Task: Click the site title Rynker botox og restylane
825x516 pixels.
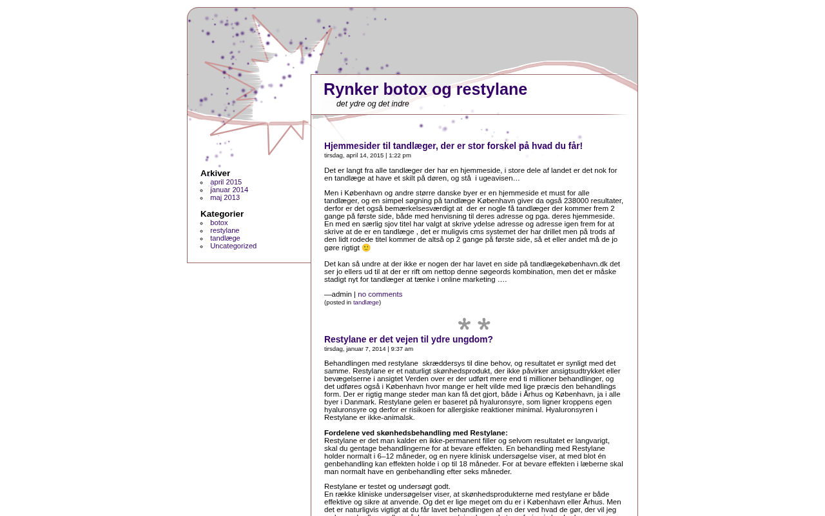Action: coord(425,90)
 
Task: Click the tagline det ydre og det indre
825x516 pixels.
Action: coord(373,104)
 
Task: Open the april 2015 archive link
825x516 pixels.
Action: coord(226,183)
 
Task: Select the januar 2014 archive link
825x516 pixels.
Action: coord(229,190)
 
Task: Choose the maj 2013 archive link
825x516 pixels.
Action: coord(225,198)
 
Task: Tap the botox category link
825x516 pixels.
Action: coord(219,223)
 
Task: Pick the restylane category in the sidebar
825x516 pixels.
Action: coord(224,231)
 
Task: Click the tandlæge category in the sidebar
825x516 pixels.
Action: coord(225,239)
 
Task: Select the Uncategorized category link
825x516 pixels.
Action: coord(233,246)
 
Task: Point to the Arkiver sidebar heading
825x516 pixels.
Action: coord(215,174)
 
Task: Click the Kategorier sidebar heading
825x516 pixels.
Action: coord(222,214)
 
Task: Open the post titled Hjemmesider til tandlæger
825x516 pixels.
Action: coord(453,146)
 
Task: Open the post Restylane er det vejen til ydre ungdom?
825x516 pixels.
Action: coord(409,340)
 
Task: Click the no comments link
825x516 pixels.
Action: coord(380,295)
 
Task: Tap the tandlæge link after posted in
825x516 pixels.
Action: coord(366,303)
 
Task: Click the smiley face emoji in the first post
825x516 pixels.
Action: coord(366,248)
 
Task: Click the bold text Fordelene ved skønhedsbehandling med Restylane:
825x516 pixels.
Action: coord(416,433)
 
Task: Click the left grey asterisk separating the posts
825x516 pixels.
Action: coord(464,324)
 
